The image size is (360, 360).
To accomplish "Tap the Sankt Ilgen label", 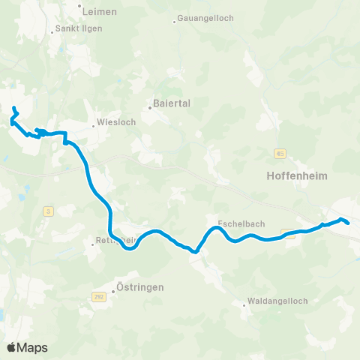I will (x=76, y=29).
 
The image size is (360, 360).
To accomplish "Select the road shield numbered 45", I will (x=280, y=154).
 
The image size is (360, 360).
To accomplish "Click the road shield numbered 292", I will (x=98, y=297).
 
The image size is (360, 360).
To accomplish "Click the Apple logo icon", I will (x=12, y=347).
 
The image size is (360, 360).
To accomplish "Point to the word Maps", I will (x=33, y=347).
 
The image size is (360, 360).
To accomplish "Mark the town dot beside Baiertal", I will (x=149, y=107).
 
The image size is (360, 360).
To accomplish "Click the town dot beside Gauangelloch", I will (x=174, y=21).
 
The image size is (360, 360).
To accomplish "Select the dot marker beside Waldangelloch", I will (x=245, y=304).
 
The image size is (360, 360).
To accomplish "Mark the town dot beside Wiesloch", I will (x=93, y=125).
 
